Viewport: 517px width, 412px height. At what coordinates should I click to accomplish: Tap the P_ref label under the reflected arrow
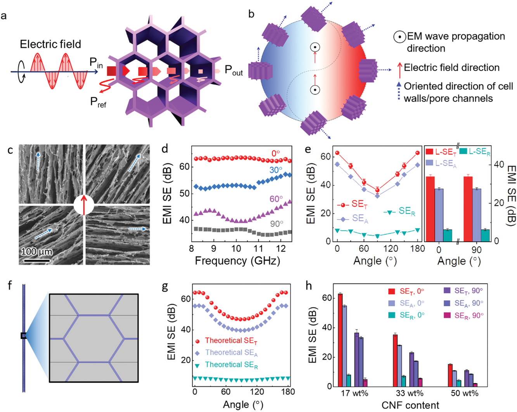click(98, 102)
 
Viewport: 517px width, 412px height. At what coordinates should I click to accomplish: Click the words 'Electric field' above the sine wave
click(50, 44)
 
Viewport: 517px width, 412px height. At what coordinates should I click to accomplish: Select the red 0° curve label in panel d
click(275, 153)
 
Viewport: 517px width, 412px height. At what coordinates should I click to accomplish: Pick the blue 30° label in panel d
click(276, 170)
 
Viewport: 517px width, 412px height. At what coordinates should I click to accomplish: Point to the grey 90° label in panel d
click(277, 223)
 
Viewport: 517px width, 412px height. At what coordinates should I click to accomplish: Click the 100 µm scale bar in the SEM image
click(36, 260)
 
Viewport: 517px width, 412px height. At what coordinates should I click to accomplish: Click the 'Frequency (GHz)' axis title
click(237, 261)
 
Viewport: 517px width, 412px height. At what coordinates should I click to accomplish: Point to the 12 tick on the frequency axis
click(280, 248)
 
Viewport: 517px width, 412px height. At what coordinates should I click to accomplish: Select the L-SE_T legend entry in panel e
click(441, 151)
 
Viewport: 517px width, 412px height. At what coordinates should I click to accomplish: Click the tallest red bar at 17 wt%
click(340, 340)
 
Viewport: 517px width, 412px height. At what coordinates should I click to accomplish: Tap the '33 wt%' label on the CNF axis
click(410, 393)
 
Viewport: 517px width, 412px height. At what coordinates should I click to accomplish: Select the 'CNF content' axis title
click(410, 405)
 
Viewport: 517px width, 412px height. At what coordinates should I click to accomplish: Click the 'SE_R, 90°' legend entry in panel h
click(463, 316)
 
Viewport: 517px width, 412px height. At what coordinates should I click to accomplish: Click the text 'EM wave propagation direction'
click(450, 42)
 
